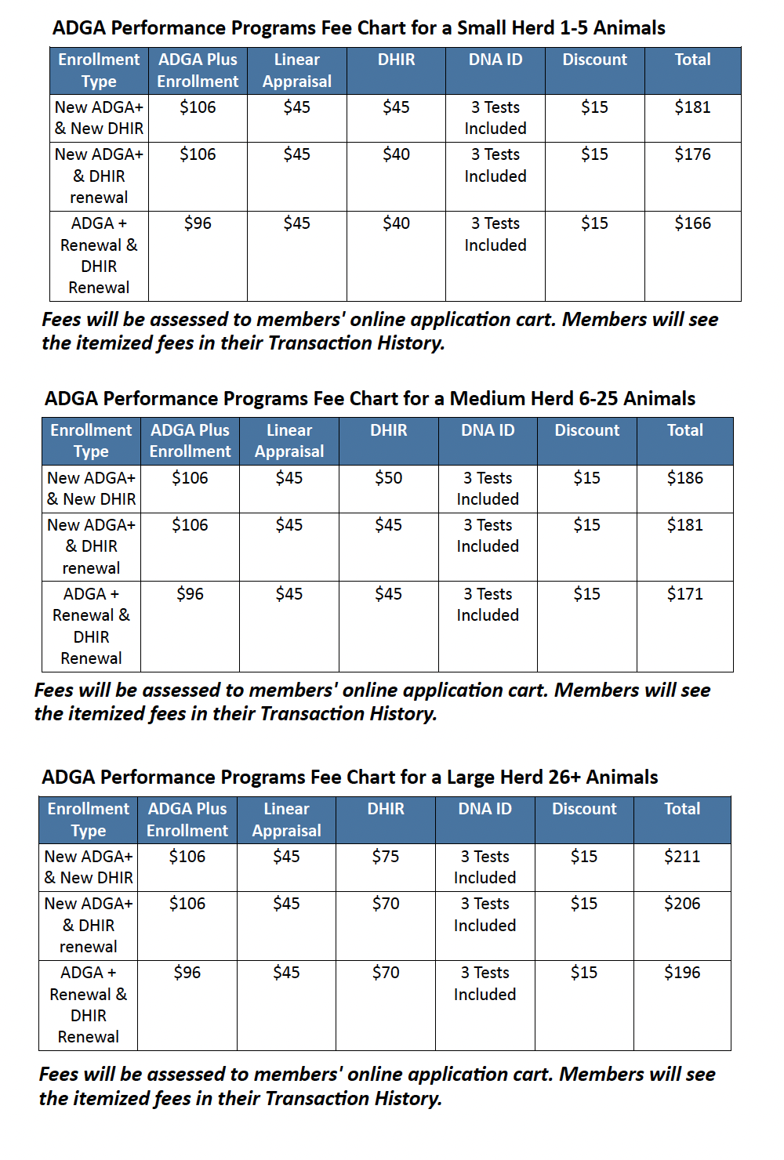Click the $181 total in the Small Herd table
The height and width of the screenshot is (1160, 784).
tap(692, 107)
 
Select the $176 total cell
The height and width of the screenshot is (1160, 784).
tap(692, 154)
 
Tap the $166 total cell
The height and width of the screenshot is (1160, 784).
tap(692, 223)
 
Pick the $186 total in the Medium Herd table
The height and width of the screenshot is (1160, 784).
tap(684, 478)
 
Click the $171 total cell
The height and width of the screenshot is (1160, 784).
tap(684, 594)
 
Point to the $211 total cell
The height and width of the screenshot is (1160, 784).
tap(682, 857)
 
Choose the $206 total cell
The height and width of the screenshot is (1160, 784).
tap(682, 904)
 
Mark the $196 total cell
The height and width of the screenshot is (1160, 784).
tap(682, 973)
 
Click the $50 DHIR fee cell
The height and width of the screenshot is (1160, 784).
tap(388, 478)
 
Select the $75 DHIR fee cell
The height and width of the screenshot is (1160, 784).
tap(386, 857)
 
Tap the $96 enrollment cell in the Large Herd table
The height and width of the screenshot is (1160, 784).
tap(187, 973)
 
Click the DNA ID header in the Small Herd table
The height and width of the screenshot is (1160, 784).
tap(495, 60)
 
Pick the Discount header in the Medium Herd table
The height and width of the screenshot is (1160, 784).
tap(586, 430)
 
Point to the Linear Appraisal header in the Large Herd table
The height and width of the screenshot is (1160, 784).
tap(286, 820)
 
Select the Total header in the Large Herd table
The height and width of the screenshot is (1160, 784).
tap(682, 809)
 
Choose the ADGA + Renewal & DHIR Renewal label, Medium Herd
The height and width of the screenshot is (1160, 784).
tap(91, 626)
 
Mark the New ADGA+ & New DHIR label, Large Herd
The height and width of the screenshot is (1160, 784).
tap(89, 867)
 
